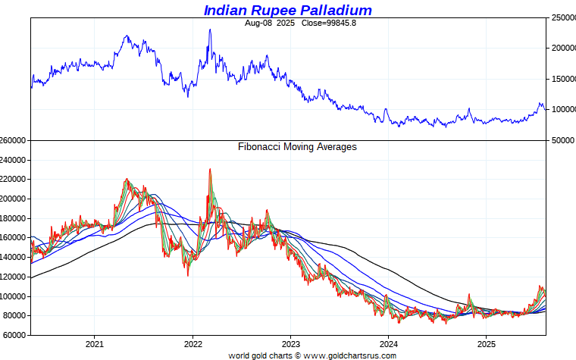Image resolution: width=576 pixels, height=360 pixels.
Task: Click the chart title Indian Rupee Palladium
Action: pos(287,10)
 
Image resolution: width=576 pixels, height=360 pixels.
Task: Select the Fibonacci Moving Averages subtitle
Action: pos(297,147)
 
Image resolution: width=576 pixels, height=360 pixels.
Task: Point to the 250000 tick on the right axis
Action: pos(562,17)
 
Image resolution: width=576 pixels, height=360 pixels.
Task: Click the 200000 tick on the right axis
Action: pos(562,48)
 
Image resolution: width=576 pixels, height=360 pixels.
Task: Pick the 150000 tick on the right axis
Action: pos(562,79)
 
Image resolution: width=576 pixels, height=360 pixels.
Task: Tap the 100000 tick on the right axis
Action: pos(562,109)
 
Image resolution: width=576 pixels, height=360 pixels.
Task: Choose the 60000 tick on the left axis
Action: pos(16,335)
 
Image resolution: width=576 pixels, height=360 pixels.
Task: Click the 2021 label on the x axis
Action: pos(94,343)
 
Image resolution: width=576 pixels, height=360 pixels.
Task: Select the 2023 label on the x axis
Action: pos(290,343)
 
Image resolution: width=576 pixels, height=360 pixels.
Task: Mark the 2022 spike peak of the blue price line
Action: pos(210,30)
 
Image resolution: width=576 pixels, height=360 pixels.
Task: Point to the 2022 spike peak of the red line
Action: pos(210,169)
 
